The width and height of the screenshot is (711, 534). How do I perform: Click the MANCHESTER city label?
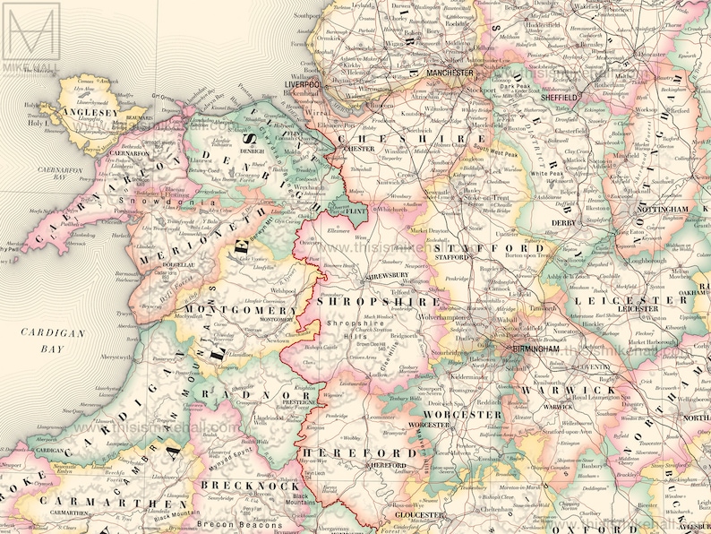(450, 73)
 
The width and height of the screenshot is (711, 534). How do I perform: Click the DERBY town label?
(561, 222)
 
